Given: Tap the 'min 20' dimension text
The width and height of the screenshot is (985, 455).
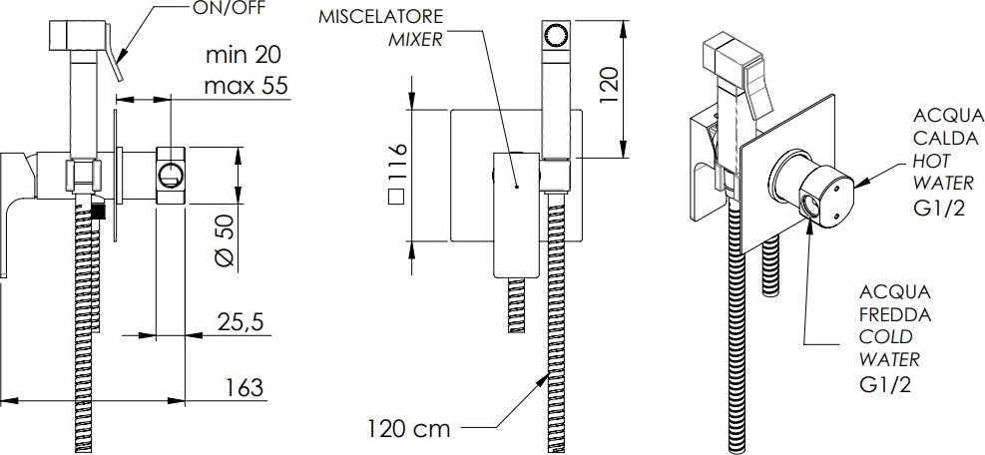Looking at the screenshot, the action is tap(244, 55).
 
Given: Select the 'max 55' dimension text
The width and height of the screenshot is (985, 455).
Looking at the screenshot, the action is tap(246, 85).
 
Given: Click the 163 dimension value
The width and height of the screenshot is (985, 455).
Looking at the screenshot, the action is tap(244, 387).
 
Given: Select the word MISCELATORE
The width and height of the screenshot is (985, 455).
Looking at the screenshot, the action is tap(380, 16).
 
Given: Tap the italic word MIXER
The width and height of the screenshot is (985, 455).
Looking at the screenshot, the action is tap(415, 40).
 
